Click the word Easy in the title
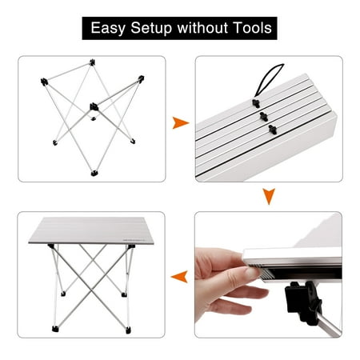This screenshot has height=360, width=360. click(108, 28)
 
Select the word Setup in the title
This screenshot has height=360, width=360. click(151, 28)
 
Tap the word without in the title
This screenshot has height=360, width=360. click(202, 28)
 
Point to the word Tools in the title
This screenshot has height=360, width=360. click(252, 28)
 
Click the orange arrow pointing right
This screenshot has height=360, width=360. click(181, 123)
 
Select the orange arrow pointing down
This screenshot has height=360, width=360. click(269, 196)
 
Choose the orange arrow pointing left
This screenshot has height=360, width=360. click(179, 277)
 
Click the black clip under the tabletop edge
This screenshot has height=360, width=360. click(303, 302)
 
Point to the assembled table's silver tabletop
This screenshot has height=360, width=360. click(91, 230)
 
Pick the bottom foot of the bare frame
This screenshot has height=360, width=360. click(94, 174)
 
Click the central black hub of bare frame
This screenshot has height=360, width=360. click(94, 107)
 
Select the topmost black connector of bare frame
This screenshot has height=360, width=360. click(92, 62)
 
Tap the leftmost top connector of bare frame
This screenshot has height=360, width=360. click(44, 82)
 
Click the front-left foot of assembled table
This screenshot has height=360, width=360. click(55, 329)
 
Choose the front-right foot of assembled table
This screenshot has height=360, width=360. click(128, 330)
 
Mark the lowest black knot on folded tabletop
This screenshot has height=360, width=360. click(273, 130)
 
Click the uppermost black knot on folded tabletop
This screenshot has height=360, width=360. click(256, 103)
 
